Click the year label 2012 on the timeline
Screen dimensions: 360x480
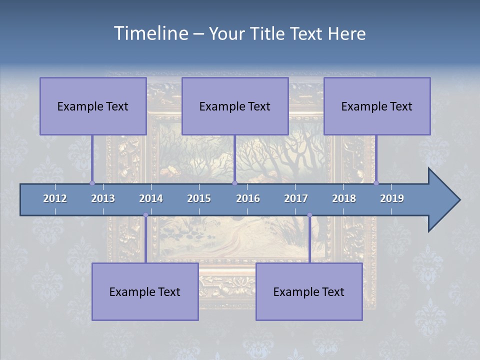[x=55, y=198]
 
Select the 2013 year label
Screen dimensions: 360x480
[x=103, y=198]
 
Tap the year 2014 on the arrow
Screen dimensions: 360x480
[x=151, y=198]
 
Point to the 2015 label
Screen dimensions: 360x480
[x=199, y=198]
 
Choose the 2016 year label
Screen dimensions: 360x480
[x=248, y=198]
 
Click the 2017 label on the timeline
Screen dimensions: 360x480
[x=296, y=198]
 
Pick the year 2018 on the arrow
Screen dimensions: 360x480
[x=344, y=198]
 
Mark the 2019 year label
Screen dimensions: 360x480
[x=392, y=198]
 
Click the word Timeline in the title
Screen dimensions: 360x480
[x=150, y=33]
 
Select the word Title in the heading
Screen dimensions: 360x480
[x=269, y=34]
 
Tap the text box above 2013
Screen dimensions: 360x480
[x=93, y=106]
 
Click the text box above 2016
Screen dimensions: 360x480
[x=235, y=106]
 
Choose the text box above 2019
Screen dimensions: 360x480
[x=377, y=106]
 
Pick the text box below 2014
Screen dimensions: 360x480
[x=145, y=291]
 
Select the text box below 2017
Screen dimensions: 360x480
[x=309, y=291]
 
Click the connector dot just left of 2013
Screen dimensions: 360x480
[x=92, y=183]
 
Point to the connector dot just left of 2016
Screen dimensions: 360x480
[x=234, y=183]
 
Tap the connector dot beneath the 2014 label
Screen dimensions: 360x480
[x=145, y=215]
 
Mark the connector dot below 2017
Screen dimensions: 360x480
[x=309, y=215]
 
